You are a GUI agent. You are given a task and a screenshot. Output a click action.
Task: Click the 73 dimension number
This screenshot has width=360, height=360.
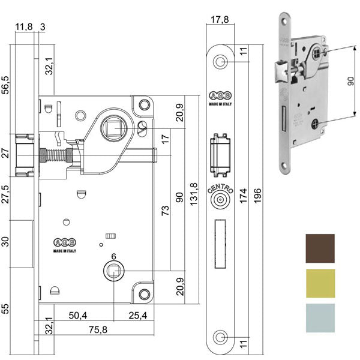[x=166, y=211]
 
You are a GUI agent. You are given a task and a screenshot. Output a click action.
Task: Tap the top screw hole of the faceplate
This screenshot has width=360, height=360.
[x=221, y=62]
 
